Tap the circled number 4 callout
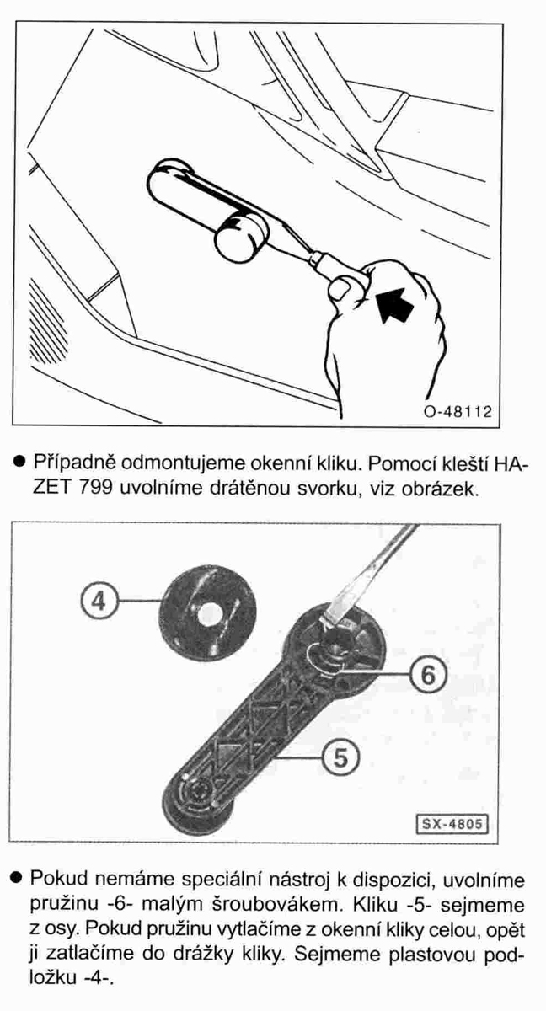pos(99,601)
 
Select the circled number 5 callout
pos(341,757)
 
